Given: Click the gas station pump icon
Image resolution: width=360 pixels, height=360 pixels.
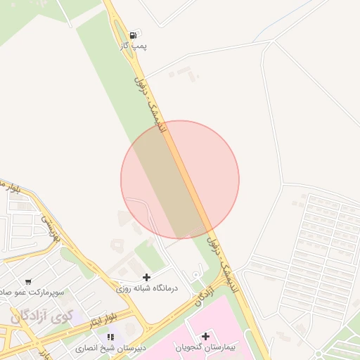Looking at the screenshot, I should click(x=133, y=33).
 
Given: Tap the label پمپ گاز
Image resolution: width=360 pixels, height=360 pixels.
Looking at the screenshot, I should click(x=133, y=45).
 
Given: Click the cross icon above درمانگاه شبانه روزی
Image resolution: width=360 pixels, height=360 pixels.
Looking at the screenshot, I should click(x=146, y=277).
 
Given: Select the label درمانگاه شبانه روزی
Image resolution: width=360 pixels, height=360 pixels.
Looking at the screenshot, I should click(x=147, y=288).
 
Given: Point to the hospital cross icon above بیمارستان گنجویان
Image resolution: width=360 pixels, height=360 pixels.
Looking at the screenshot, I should click(x=205, y=335).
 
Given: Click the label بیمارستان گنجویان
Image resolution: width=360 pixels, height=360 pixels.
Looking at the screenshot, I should click(x=205, y=348).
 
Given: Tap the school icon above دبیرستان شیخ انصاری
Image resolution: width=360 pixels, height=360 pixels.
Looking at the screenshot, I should click(x=111, y=337).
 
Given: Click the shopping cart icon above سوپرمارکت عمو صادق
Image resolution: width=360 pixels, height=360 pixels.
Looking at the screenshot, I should click(x=28, y=281).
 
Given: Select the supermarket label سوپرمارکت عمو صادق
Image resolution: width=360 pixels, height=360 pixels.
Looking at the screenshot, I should click(x=32, y=291).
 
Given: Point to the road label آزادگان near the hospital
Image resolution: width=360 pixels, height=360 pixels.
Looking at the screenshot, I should click(x=204, y=296).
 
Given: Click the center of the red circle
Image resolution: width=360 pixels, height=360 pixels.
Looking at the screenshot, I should click(x=180, y=180).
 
